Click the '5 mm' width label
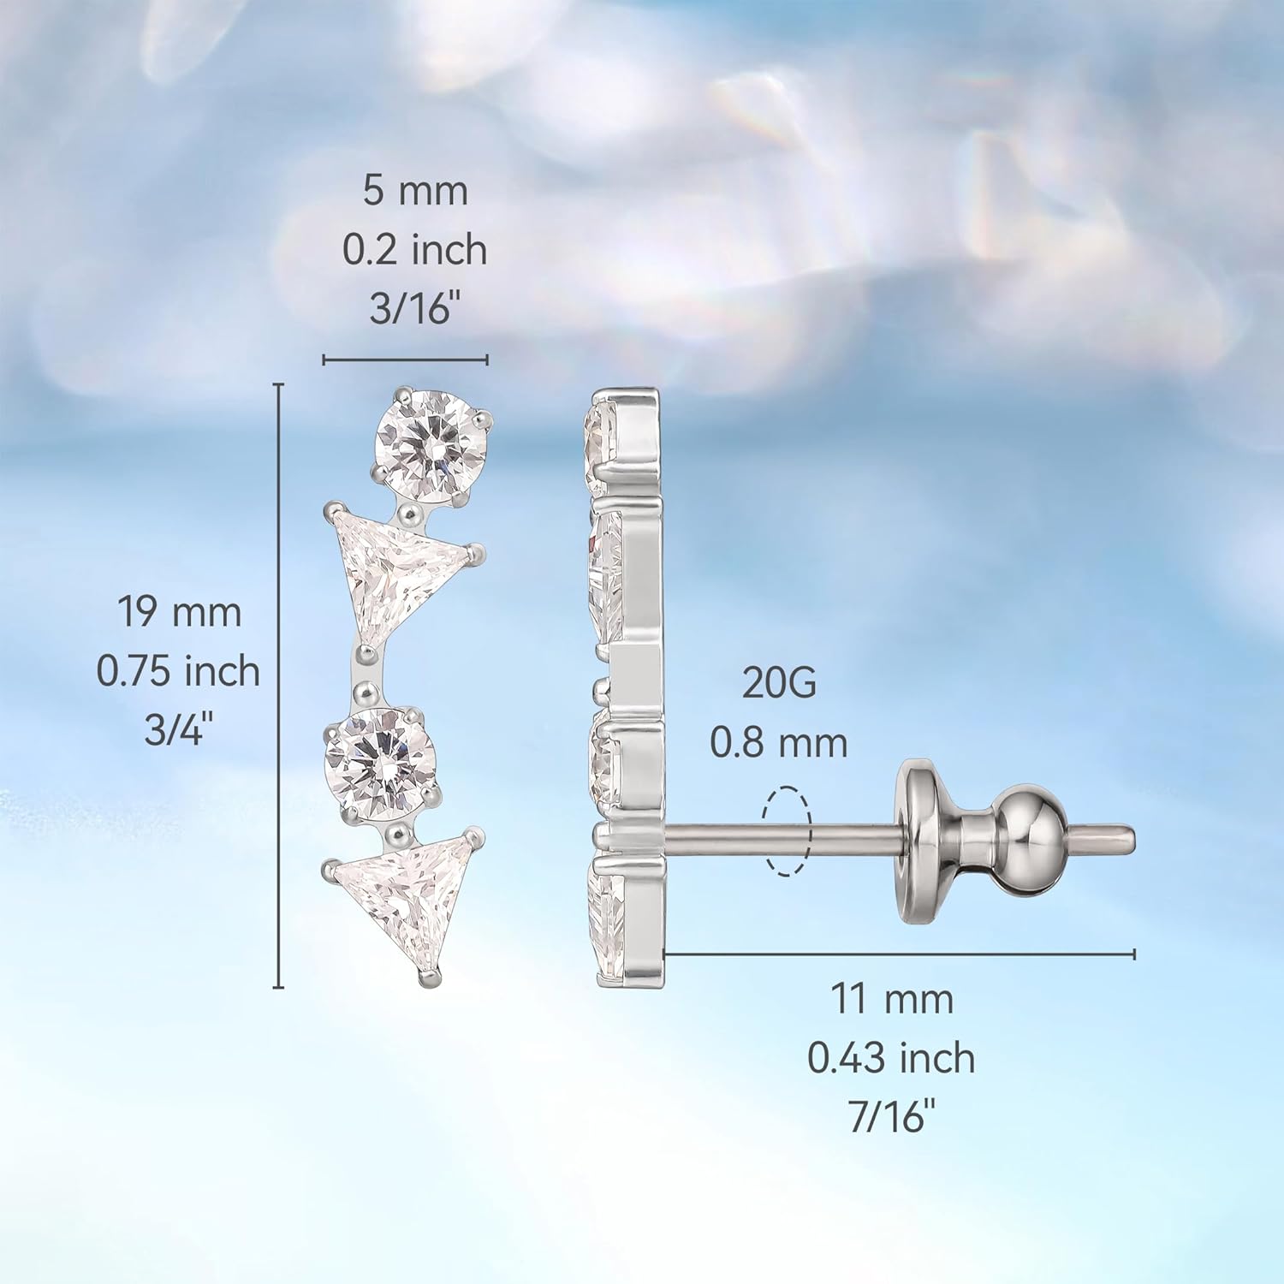(415, 191)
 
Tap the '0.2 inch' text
(415, 250)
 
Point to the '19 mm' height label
(179, 613)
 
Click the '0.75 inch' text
(178, 671)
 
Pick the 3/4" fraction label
(178, 729)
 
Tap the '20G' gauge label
(779, 683)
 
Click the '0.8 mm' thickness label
(779, 742)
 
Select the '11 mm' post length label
(892, 999)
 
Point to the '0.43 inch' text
(891, 1058)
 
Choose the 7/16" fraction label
(892, 1116)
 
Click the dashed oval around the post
(787, 831)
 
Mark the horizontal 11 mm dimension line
(899, 954)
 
